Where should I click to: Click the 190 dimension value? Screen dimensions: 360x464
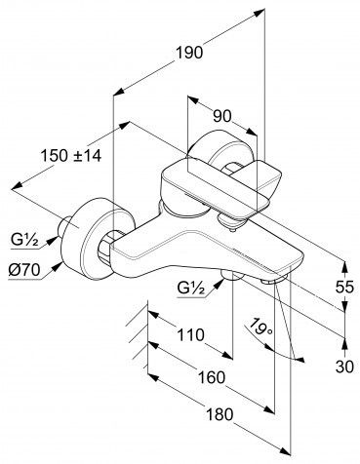pos(189,53)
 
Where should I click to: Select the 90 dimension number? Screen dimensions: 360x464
pos(222,116)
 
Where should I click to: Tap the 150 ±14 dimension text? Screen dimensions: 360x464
pos(71,156)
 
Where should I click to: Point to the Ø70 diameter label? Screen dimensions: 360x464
pos(24,270)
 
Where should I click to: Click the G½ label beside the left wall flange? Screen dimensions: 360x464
pos(25,241)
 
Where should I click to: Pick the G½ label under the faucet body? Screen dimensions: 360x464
pos(192,288)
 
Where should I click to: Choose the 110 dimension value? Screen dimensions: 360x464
pos(190,335)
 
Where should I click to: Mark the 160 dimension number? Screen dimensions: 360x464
pos(211,378)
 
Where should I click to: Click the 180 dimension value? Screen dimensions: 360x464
pos(220,414)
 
